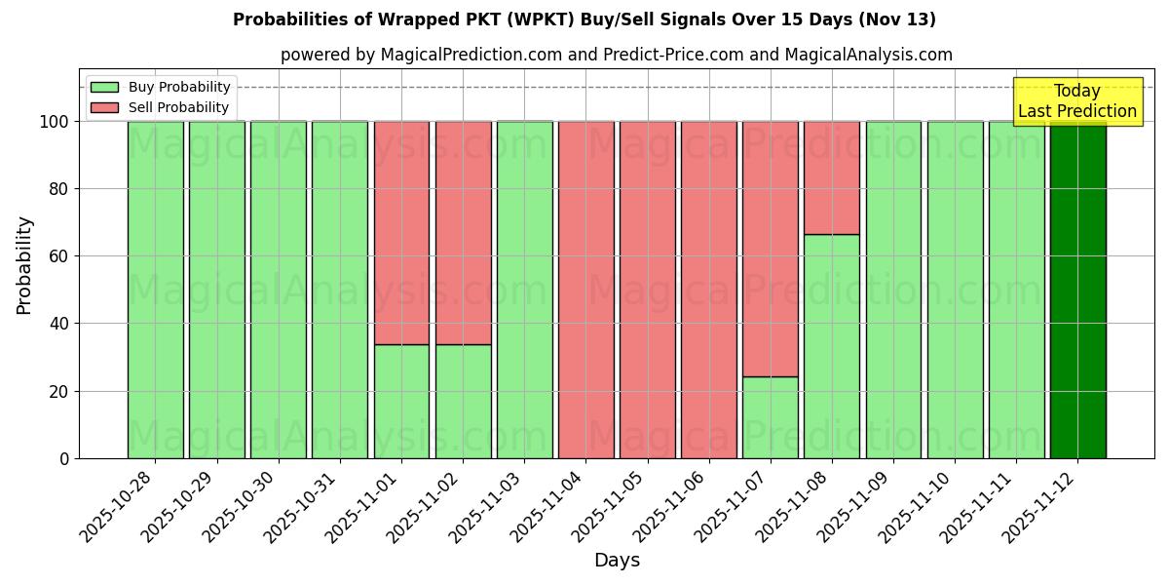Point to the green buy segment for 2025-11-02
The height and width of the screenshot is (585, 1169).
[x=463, y=401]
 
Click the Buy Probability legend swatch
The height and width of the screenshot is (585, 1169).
[x=104, y=87]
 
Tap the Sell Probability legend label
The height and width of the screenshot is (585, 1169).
[x=178, y=107]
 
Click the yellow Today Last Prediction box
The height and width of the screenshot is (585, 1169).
[x=1076, y=101]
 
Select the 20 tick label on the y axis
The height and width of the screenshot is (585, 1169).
[x=60, y=391]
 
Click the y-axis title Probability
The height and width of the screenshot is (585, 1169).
[x=24, y=265]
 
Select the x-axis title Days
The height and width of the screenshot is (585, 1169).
[x=617, y=561]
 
